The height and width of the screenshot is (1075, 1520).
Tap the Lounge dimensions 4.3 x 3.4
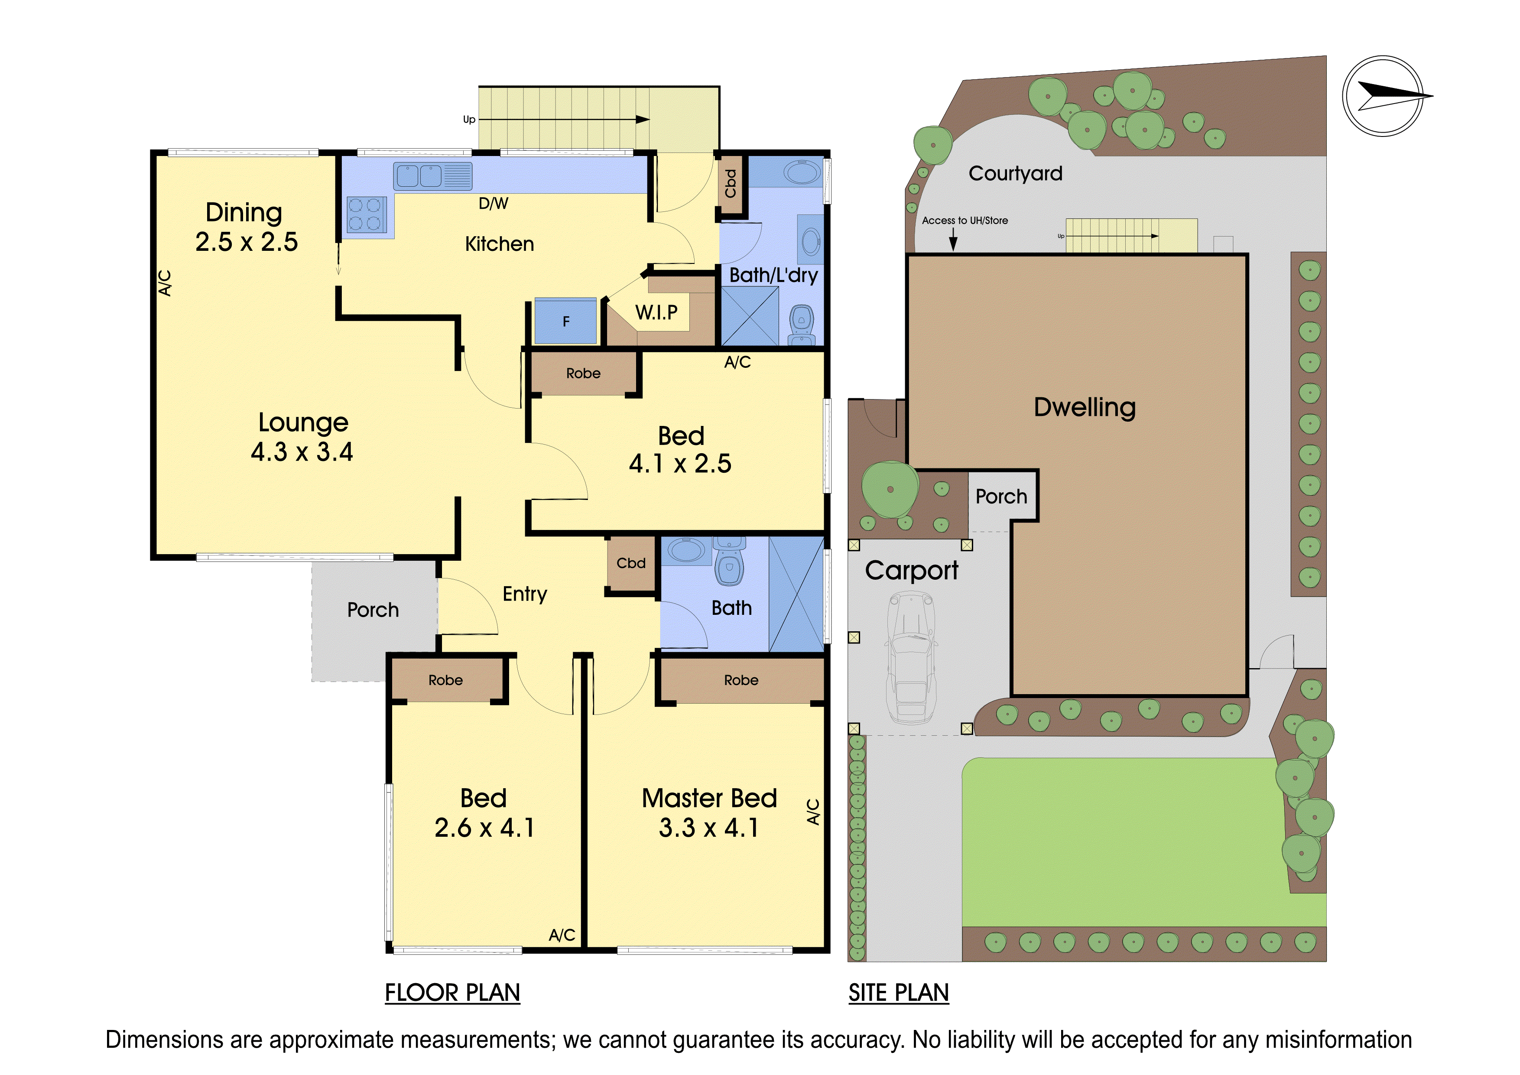(x=302, y=452)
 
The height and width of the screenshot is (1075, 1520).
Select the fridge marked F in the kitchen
(x=565, y=321)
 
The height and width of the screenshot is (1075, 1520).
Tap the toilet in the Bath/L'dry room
(x=802, y=325)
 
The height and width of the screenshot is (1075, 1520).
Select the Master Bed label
(x=709, y=798)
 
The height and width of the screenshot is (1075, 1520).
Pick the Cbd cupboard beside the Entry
(x=631, y=563)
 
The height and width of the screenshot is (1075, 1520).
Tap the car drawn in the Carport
(x=912, y=656)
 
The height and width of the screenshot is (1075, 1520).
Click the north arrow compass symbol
(x=1384, y=97)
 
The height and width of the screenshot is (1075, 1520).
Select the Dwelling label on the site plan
(x=1085, y=408)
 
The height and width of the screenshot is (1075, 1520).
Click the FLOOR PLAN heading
(x=453, y=993)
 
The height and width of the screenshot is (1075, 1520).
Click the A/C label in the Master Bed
(x=814, y=812)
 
